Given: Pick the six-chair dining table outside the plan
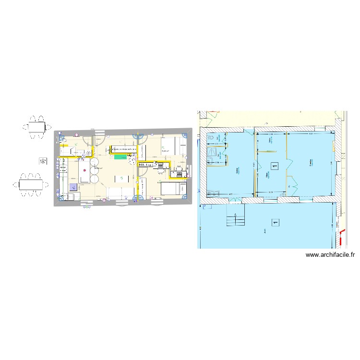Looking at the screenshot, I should point(31,185).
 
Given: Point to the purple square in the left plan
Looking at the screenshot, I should point(73,187).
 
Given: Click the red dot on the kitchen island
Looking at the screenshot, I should point(84,171).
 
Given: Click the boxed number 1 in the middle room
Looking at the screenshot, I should point(274,166).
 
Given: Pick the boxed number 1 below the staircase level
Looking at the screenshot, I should point(275,222).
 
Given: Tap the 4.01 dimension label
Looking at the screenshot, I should point(311,134).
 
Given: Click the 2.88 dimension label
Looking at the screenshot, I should point(270,134).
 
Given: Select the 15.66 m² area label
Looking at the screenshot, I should point(165,151).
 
